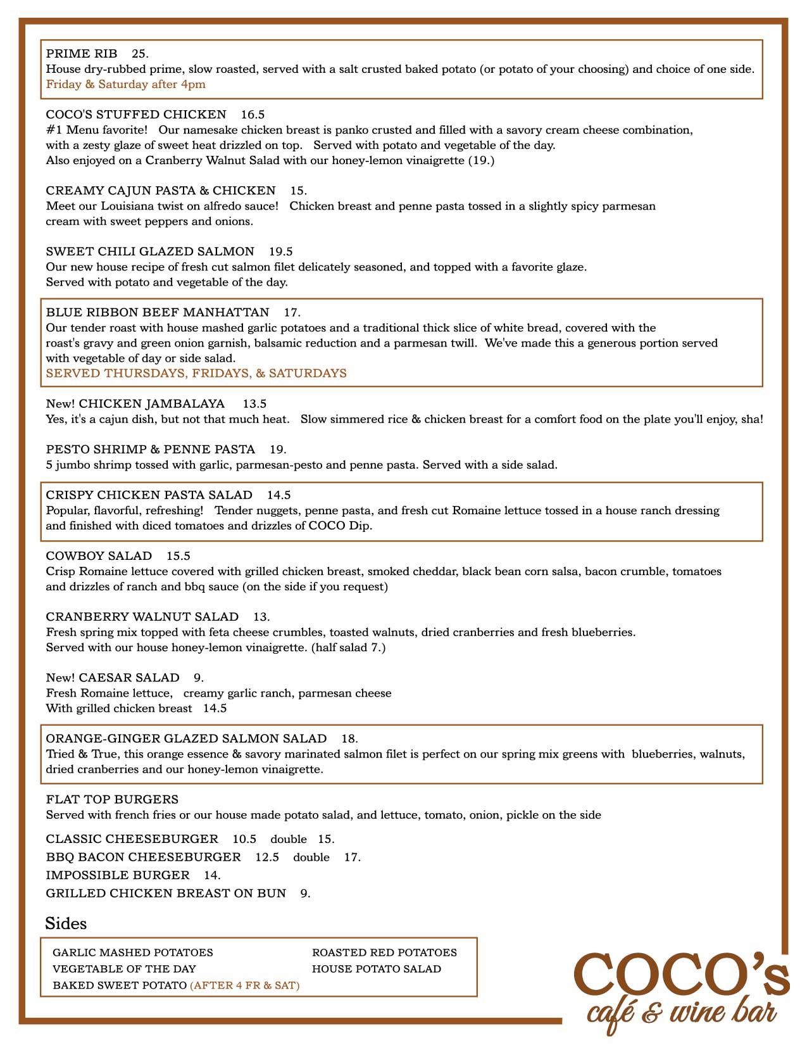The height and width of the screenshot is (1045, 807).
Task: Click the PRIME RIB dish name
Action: coord(82,54)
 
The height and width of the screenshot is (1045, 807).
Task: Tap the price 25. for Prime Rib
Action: coord(140,54)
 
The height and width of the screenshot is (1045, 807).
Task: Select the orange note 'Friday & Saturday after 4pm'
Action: coord(125,84)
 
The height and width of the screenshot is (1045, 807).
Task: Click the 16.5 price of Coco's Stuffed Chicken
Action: coord(253,115)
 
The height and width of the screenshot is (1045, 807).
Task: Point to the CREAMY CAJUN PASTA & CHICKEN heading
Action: coord(161,191)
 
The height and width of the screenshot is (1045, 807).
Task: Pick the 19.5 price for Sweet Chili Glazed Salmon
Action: coord(280,251)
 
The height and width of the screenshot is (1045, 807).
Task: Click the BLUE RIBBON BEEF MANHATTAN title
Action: coord(158,312)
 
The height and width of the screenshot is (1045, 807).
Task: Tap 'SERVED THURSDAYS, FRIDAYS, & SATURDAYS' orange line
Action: coord(196,373)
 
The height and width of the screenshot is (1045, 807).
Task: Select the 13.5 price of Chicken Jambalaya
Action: coord(254,403)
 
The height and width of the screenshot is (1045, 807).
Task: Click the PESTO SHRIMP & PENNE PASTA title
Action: coord(151,449)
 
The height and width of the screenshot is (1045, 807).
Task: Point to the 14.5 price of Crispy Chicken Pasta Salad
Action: coord(278,495)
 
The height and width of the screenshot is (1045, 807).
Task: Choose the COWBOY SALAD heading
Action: coord(99,556)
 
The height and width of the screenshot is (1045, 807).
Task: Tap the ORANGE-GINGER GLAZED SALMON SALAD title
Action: coord(186,738)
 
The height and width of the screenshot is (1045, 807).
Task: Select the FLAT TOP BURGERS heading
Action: coord(112,799)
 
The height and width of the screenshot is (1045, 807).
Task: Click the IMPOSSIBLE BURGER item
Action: coord(118,875)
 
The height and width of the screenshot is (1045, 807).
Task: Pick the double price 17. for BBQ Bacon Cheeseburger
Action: coord(352,857)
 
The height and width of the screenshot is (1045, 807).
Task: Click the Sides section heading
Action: coord(66,923)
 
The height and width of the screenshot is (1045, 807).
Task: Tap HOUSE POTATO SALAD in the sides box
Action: coord(377,969)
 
